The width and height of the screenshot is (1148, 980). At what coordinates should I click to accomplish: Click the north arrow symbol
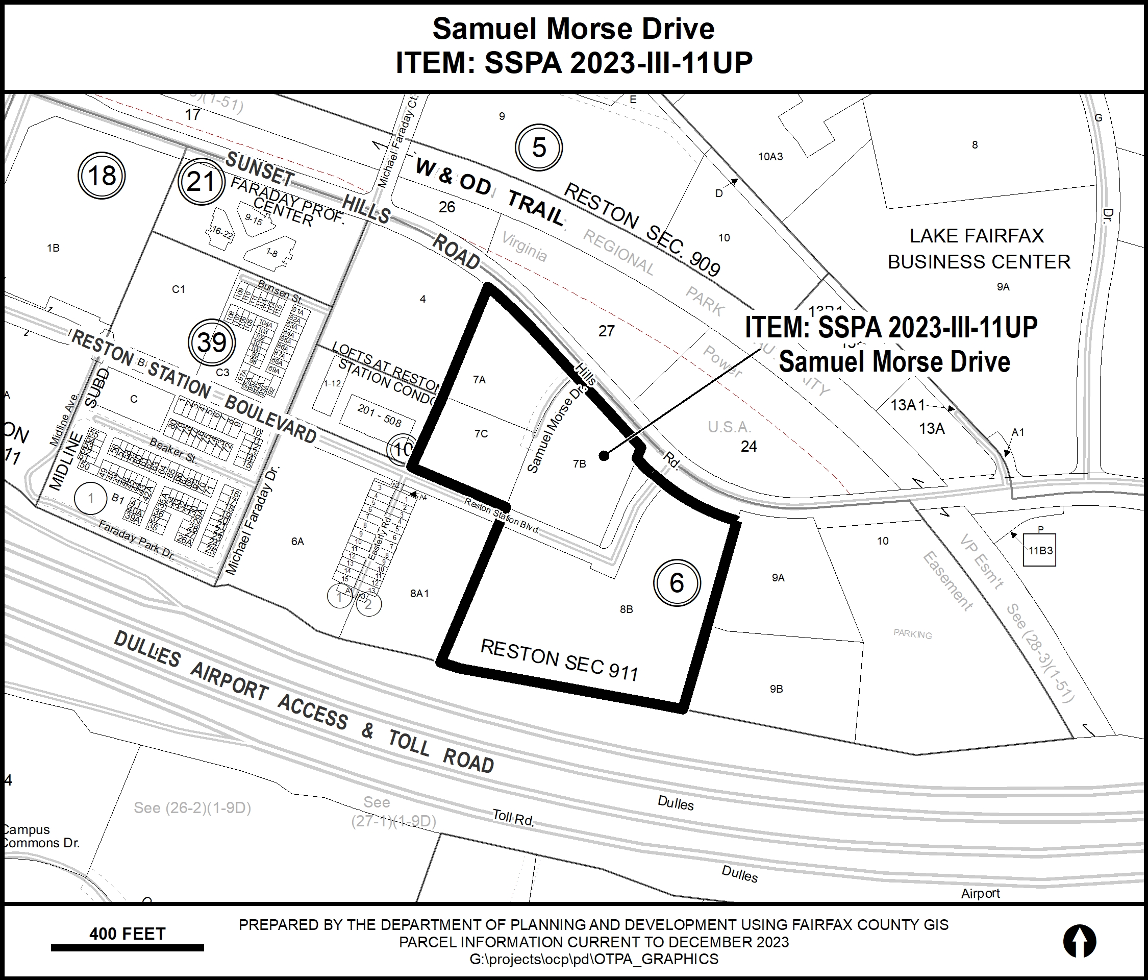[x=1079, y=941]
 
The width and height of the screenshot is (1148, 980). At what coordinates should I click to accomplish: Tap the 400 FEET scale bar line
[x=128, y=948]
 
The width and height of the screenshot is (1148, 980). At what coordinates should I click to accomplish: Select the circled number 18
[x=102, y=176]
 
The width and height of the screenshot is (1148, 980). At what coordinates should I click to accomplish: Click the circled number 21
[x=201, y=182]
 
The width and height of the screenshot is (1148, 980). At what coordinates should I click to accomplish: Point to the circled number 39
[x=212, y=342]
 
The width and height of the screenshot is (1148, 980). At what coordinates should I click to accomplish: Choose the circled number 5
[x=539, y=148]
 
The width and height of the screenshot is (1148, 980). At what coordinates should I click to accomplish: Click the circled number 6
[x=677, y=583]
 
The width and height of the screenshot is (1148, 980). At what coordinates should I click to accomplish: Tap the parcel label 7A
[x=479, y=380]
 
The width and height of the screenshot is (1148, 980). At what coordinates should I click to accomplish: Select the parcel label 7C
[x=481, y=433]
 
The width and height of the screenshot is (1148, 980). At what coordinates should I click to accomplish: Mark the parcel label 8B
[x=626, y=609]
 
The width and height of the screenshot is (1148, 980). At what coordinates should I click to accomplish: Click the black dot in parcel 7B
[x=604, y=456]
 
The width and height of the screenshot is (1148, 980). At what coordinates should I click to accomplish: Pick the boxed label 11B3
[x=1040, y=550]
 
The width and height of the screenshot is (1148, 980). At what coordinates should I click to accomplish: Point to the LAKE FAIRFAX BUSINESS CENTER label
[x=979, y=249]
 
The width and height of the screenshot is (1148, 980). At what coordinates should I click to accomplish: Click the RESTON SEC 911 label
[x=560, y=659]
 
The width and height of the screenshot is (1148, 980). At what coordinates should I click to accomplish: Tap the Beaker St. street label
[x=173, y=450]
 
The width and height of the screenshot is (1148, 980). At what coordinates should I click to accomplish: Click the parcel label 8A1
[x=419, y=594]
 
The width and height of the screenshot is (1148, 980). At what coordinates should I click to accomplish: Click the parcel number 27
[x=607, y=331]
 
